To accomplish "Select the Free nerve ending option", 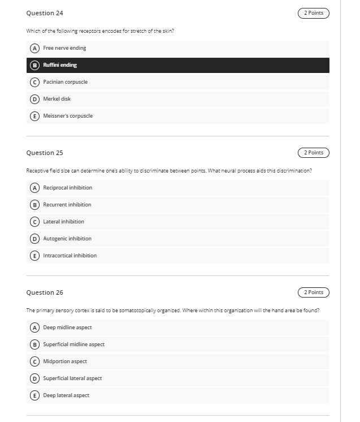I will click(64, 48).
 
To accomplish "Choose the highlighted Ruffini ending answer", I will click(60, 65).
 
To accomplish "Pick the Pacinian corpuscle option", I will click(65, 82).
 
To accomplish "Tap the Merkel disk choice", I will click(57, 99).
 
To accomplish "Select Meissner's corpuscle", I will click(68, 116).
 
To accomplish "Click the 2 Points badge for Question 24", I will click(313, 13).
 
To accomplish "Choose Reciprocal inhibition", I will click(67, 188).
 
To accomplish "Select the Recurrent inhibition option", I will click(67, 205).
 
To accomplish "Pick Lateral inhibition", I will click(63, 222).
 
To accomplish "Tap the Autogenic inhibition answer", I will click(67, 239).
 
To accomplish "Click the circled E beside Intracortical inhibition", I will click(34, 256).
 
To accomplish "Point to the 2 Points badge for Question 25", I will click(313, 153).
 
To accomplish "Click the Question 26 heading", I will click(45, 292).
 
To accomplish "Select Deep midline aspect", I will click(67, 328).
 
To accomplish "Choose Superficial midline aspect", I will click(73, 345).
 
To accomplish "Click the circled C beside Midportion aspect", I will click(34, 361).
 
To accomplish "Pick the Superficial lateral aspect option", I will click(72, 378).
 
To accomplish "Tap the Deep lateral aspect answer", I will click(66, 395).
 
